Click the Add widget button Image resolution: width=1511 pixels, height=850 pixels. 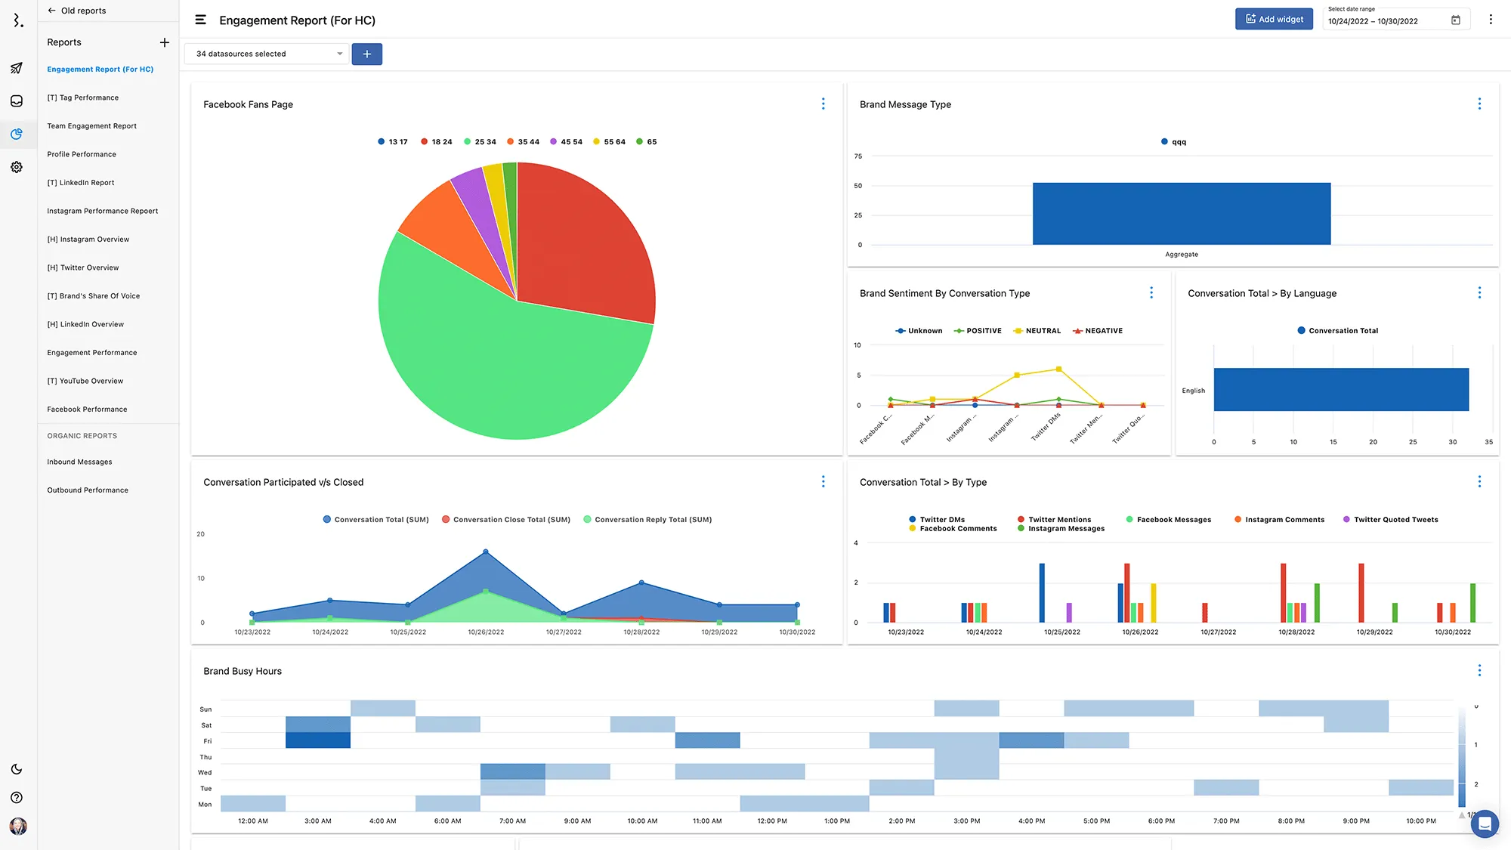(x=1274, y=20)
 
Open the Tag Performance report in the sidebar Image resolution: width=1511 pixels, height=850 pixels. (x=83, y=97)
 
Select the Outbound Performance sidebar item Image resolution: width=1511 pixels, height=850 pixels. (x=88, y=490)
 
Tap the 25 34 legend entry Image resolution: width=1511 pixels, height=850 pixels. (x=480, y=142)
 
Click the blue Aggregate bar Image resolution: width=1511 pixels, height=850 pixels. (x=1181, y=214)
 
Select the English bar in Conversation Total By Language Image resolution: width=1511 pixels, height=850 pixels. (x=1341, y=390)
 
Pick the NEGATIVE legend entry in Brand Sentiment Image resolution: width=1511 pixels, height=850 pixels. (x=1098, y=331)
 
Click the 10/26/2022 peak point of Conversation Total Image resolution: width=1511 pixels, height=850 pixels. (x=486, y=552)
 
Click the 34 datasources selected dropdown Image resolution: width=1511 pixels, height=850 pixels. (x=267, y=54)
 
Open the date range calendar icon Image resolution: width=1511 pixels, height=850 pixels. (x=1456, y=20)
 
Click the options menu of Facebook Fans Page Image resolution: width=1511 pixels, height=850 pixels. (x=823, y=104)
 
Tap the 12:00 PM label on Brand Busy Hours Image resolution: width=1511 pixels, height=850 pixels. (x=772, y=821)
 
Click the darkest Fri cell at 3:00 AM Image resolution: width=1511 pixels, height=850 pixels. (x=318, y=740)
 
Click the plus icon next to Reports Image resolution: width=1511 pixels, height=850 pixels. (x=165, y=42)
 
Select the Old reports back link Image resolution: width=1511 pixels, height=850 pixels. (x=77, y=11)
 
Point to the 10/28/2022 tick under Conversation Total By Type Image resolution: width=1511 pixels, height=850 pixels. (x=1296, y=632)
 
